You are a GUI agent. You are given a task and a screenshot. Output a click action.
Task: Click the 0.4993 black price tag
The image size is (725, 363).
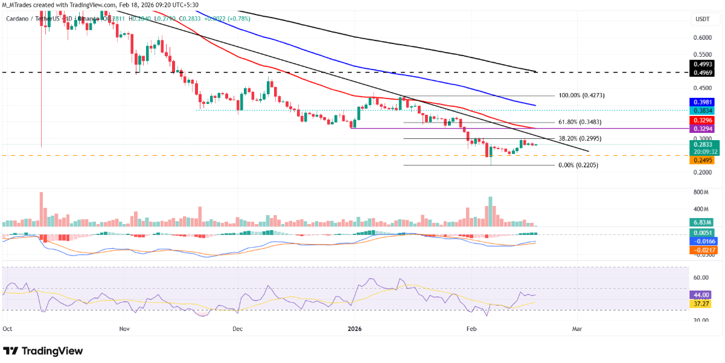[x=702, y=63]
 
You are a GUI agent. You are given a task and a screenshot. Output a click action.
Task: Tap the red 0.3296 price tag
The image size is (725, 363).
[x=702, y=121]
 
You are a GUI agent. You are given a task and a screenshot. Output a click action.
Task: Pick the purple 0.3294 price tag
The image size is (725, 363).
[x=702, y=129]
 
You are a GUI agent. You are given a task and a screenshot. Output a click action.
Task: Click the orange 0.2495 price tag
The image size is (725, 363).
[x=702, y=160]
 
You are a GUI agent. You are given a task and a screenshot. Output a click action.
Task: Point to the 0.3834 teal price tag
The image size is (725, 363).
[x=702, y=111]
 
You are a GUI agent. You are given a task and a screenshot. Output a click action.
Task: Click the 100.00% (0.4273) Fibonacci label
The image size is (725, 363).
[x=581, y=95]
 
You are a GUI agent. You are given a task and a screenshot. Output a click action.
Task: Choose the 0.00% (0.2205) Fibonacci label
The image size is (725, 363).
[x=579, y=165]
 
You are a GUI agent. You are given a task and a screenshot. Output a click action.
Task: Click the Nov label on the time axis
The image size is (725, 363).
[x=124, y=329]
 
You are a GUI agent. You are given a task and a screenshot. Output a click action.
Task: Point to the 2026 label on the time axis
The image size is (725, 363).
[x=355, y=329]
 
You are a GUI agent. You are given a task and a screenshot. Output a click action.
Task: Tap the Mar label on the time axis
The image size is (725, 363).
[x=576, y=329]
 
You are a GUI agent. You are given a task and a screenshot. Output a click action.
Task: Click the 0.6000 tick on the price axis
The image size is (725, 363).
[x=702, y=37]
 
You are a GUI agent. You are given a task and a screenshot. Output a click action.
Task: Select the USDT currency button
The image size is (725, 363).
[x=703, y=19]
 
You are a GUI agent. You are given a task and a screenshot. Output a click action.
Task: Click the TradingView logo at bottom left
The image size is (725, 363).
[x=43, y=351]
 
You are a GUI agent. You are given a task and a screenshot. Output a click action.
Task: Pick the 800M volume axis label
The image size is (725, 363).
[x=700, y=192]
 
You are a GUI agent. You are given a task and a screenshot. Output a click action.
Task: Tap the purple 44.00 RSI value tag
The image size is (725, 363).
[x=702, y=295]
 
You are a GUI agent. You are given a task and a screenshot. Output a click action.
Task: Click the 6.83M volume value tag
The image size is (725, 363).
[x=702, y=222]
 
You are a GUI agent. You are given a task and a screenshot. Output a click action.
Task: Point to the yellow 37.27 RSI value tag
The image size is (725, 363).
[x=702, y=303]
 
